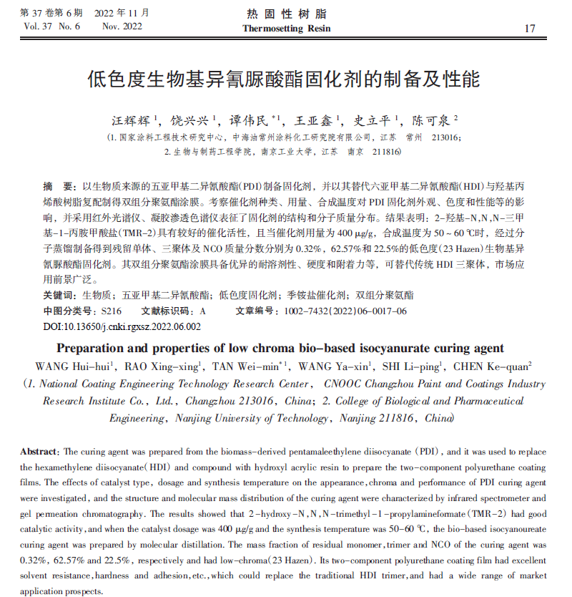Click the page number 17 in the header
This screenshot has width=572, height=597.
530,29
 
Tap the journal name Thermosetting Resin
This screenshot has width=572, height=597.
286,29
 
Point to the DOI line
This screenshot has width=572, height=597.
122,326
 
